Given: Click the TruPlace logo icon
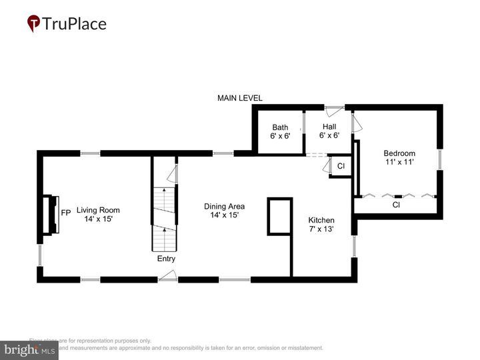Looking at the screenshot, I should point(34,24).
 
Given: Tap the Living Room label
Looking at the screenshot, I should point(98,209).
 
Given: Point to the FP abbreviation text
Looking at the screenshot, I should point(66,213).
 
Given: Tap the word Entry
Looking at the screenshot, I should point(166,259).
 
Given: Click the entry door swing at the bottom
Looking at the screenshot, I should point(170,275).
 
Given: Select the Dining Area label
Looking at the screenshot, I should point(224,206).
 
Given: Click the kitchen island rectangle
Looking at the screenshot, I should point(280,216).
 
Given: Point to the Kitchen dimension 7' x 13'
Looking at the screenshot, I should point(321,229).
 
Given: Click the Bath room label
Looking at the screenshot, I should point(280,127).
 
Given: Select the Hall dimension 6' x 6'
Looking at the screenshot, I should point(329,135).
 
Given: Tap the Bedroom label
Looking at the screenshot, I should point(399,153).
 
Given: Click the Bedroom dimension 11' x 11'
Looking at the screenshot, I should point(399,162).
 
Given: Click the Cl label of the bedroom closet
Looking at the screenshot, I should point(396,205).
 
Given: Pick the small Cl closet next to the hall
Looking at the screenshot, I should point(341,166).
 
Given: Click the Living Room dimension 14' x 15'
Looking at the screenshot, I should point(98,219).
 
